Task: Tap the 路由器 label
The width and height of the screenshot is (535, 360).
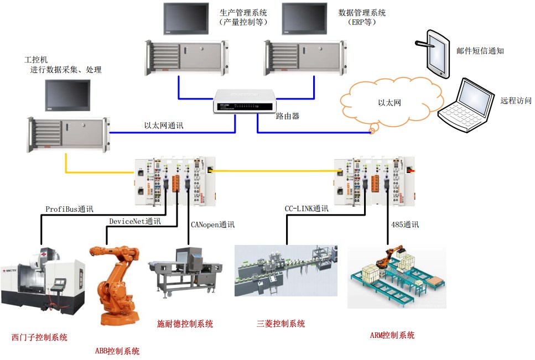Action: tap(287, 117)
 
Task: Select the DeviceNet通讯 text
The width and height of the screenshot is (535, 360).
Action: tap(135, 222)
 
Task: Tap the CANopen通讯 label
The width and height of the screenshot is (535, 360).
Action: tap(212, 225)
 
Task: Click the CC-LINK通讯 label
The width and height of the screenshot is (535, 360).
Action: tap(307, 209)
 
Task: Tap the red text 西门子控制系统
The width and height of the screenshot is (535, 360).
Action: tap(39, 337)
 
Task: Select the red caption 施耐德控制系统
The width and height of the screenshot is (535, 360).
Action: tap(185, 324)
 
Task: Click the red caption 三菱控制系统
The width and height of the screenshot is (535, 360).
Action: tap(281, 324)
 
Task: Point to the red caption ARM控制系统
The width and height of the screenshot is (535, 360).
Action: tap(392, 335)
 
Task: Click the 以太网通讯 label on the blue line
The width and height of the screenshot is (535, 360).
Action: tap(164, 126)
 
